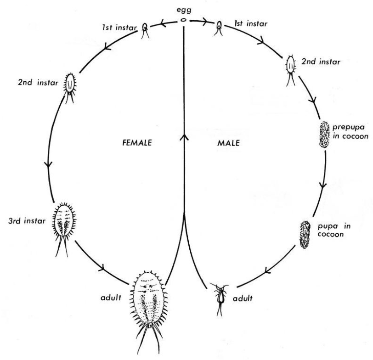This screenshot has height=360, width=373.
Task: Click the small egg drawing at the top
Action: point(183,21)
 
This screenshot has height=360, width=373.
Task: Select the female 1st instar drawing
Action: point(145,28)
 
